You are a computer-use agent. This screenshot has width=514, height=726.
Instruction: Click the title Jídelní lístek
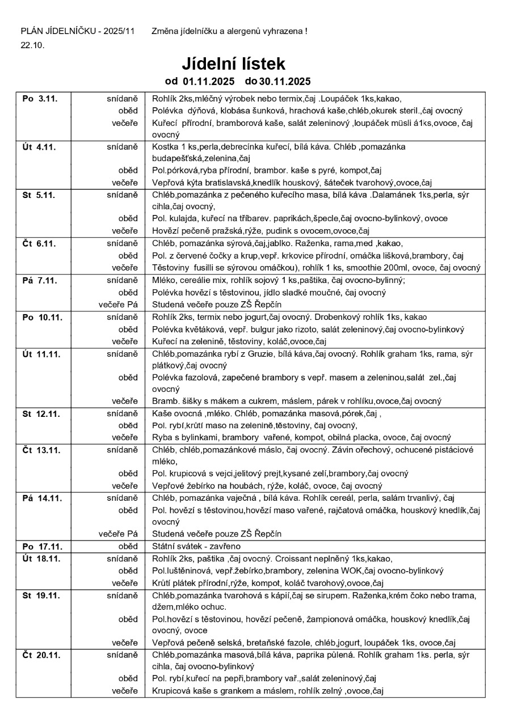tap(233, 63)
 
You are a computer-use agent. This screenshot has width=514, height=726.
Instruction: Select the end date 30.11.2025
tap(285, 81)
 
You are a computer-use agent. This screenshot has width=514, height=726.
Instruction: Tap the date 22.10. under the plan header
tap(32, 45)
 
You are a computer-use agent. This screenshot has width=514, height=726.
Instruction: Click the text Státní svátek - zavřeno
tap(196, 546)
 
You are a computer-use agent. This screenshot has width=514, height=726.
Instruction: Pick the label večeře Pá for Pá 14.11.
tap(118, 534)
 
